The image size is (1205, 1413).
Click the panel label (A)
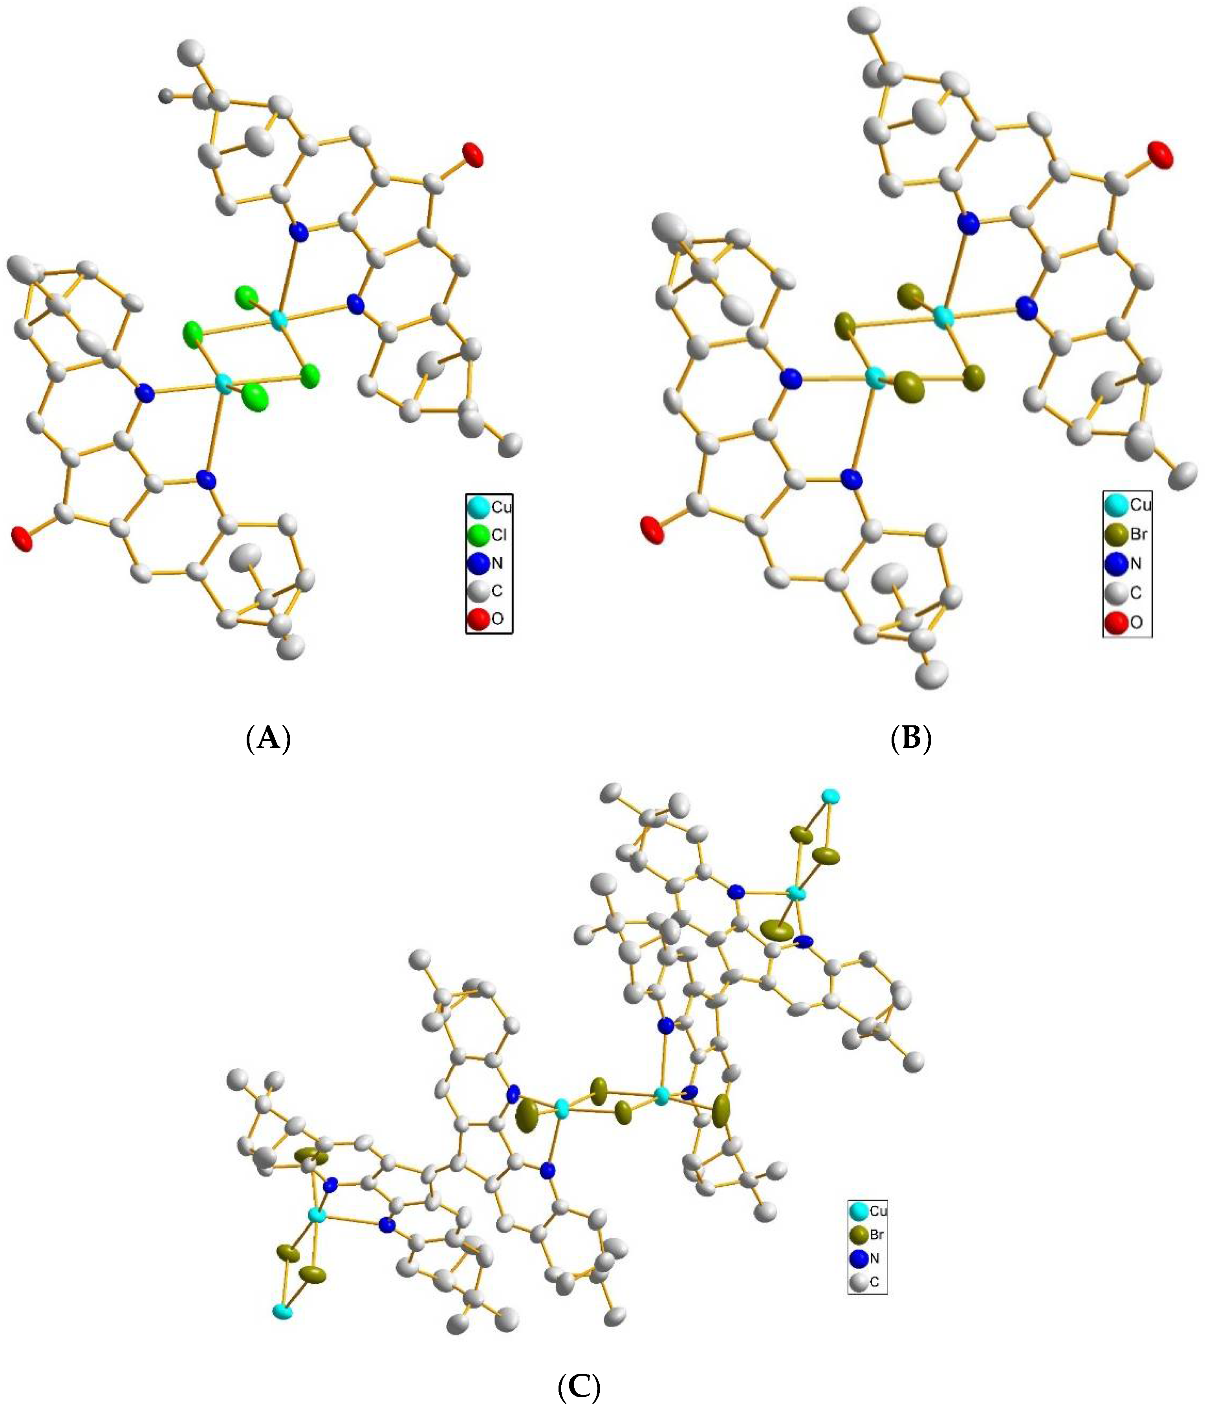(x=268, y=738)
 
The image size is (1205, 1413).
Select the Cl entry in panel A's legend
(x=489, y=535)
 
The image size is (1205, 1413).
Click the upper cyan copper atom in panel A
(x=277, y=318)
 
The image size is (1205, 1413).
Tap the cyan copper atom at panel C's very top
(x=830, y=796)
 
